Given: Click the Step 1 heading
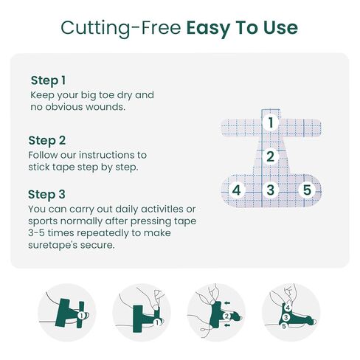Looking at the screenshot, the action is tap(48, 80).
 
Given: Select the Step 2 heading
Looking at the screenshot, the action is tap(47, 141).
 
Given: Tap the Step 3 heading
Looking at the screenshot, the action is tap(46, 194).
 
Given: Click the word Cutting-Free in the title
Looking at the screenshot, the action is tap(121, 28).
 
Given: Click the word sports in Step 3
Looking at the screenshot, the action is tap(43, 221).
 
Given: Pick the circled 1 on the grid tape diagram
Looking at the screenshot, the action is tap(271, 122).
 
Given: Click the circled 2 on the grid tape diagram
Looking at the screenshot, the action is tap(270, 156).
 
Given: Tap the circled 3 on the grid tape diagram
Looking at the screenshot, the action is tap(270, 190).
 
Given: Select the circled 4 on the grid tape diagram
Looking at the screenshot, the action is tap(236, 190).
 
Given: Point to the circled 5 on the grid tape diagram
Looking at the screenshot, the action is tap(307, 190).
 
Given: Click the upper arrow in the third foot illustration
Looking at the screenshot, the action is tap(227, 302).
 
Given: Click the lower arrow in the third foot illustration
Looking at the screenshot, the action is tap(227, 325).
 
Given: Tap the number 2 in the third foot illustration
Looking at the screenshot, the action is tap(226, 316).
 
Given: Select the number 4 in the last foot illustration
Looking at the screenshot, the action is tap(288, 308).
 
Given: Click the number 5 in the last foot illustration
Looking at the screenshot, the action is tap(284, 326).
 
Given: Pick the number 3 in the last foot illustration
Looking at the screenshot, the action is tap(285, 317).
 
